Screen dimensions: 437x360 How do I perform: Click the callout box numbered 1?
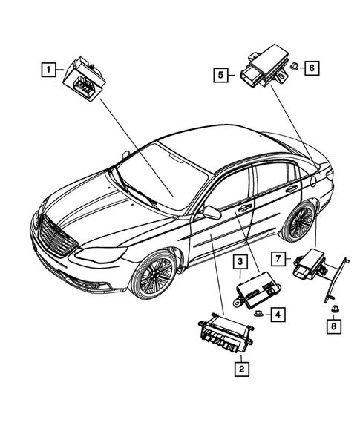point(48,70)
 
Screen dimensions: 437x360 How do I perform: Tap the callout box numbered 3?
point(240,262)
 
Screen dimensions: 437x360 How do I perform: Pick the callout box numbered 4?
point(276,315)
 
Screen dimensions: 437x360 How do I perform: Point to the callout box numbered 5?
point(221,73)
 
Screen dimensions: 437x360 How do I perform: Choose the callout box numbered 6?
point(311,68)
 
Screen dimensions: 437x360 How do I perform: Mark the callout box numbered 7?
point(278,258)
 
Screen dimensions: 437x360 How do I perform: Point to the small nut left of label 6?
point(294,66)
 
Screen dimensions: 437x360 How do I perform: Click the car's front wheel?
point(154,275)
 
